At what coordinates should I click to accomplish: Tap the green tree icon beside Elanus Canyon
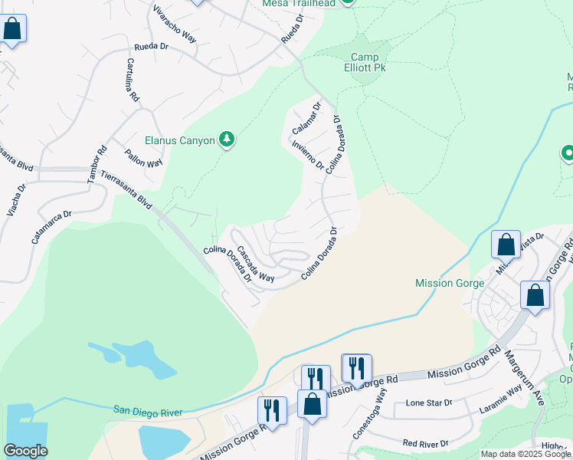(x=226, y=139)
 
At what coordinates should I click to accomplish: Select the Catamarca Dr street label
(x=51, y=227)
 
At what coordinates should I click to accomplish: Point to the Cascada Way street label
(x=255, y=264)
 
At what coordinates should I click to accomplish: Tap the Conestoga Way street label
(x=379, y=404)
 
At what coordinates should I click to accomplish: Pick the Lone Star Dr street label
(x=430, y=402)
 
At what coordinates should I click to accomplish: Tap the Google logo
(x=25, y=451)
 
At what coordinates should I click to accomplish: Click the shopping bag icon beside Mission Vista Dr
(x=506, y=245)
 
